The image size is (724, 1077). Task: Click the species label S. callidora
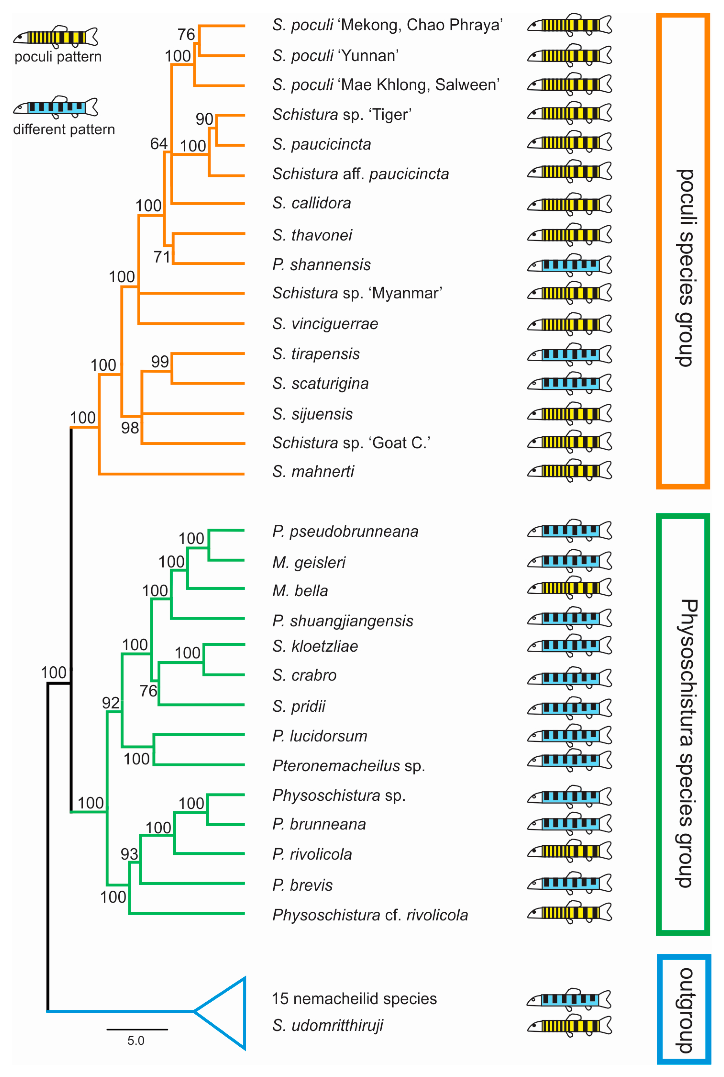click(x=312, y=203)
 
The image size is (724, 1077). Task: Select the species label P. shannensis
click(x=321, y=265)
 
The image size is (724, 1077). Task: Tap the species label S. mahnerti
click(x=313, y=472)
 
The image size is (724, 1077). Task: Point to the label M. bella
click(x=300, y=591)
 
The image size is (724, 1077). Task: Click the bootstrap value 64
click(x=158, y=144)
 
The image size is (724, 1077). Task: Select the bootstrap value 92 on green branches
click(x=111, y=703)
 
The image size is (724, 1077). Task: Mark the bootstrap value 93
click(x=129, y=854)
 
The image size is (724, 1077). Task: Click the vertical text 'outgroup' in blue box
click(x=685, y=1010)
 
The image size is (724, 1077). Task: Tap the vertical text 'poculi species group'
click(x=685, y=268)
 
